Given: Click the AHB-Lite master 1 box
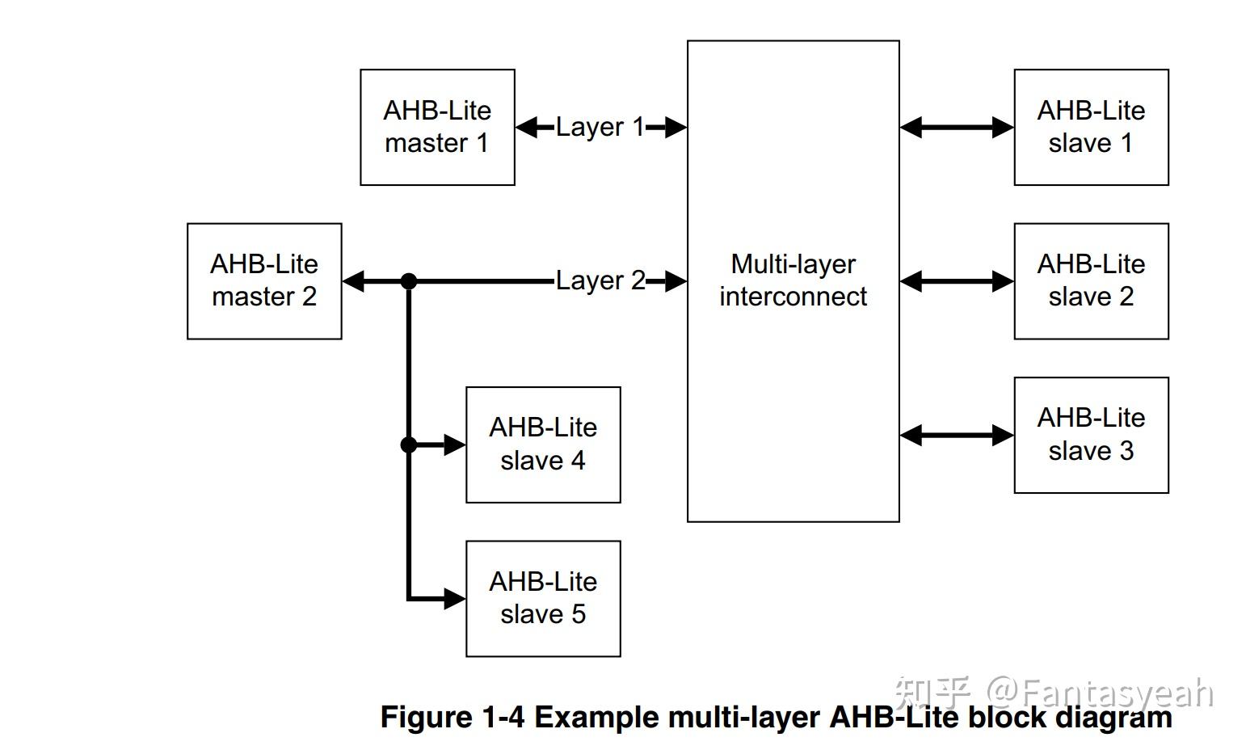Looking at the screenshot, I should (x=437, y=127).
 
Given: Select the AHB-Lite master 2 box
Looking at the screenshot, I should (x=264, y=280).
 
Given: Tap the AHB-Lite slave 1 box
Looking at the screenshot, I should (x=1091, y=127).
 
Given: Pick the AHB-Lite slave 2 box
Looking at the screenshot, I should (x=1091, y=280).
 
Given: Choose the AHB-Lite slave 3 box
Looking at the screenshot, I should (x=1091, y=435).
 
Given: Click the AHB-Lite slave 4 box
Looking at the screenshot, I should (x=543, y=445).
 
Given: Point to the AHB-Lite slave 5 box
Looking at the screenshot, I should (x=543, y=598).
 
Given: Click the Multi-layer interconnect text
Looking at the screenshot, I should (x=793, y=280).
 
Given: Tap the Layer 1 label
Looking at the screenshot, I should (x=600, y=127).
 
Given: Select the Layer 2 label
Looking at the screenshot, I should (x=600, y=280).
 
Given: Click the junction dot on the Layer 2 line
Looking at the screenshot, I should (x=409, y=281).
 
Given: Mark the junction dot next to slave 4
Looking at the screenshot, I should (x=409, y=445).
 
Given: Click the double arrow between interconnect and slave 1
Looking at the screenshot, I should (x=957, y=127).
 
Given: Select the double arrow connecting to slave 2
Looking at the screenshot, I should (x=957, y=281).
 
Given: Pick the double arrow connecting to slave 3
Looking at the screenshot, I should (x=957, y=436).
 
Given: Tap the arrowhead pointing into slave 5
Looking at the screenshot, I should (x=455, y=599).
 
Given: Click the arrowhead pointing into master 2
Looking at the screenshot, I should (x=354, y=281).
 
